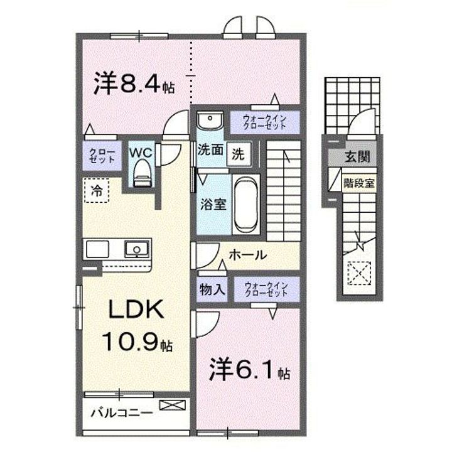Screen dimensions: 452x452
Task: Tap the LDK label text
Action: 139,309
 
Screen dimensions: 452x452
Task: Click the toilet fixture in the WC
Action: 142,173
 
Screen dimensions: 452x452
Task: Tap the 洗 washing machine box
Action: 239,152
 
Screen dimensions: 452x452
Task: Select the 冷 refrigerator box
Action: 97,188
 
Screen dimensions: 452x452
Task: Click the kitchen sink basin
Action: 134,250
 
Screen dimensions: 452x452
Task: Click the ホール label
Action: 247,256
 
